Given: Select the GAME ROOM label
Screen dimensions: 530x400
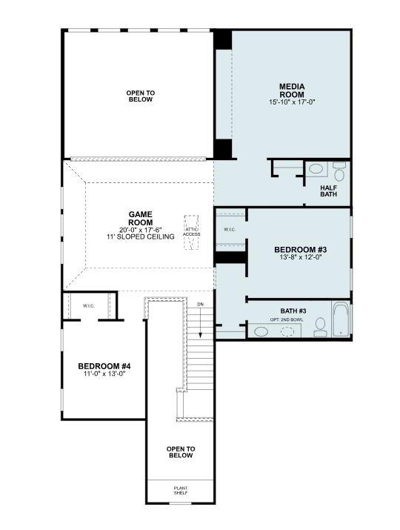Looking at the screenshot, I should tap(140, 218).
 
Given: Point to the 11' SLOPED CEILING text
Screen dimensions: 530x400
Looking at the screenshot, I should tap(140, 236).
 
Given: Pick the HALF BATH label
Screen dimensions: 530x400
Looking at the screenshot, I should tap(329, 191).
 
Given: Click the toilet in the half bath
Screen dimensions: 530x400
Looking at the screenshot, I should tap(339, 173).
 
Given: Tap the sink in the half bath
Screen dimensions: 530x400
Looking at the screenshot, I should tap(316, 169).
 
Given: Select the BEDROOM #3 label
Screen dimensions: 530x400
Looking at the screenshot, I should tap(300, 250).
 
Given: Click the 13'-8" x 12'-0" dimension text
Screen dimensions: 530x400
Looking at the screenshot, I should tap(300, 259).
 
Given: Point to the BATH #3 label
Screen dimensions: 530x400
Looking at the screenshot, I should tap(293, 311).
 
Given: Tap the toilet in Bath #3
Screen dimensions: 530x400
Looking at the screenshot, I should tap(320, 326).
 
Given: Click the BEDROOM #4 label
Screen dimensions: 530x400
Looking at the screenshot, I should tap(104, 366).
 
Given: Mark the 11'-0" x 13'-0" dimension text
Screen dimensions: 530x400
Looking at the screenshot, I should tap(104, 374).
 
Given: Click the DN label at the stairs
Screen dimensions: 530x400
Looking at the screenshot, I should tap(199, 304).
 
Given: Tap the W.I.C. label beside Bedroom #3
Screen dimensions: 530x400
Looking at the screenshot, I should tap(230, 230).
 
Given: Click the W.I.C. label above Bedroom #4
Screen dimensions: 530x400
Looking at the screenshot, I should tap(88, 305).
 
